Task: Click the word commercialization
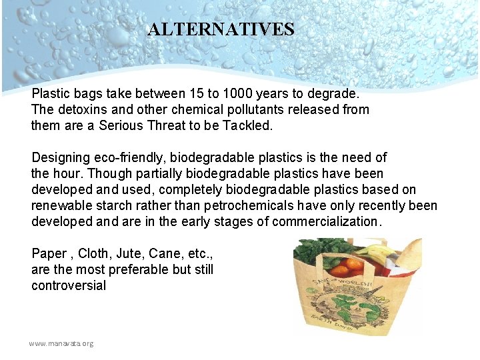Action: point(327,221)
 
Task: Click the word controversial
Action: point(69,285)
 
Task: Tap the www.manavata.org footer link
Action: point(61,343)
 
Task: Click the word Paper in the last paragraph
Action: point(49,253)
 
